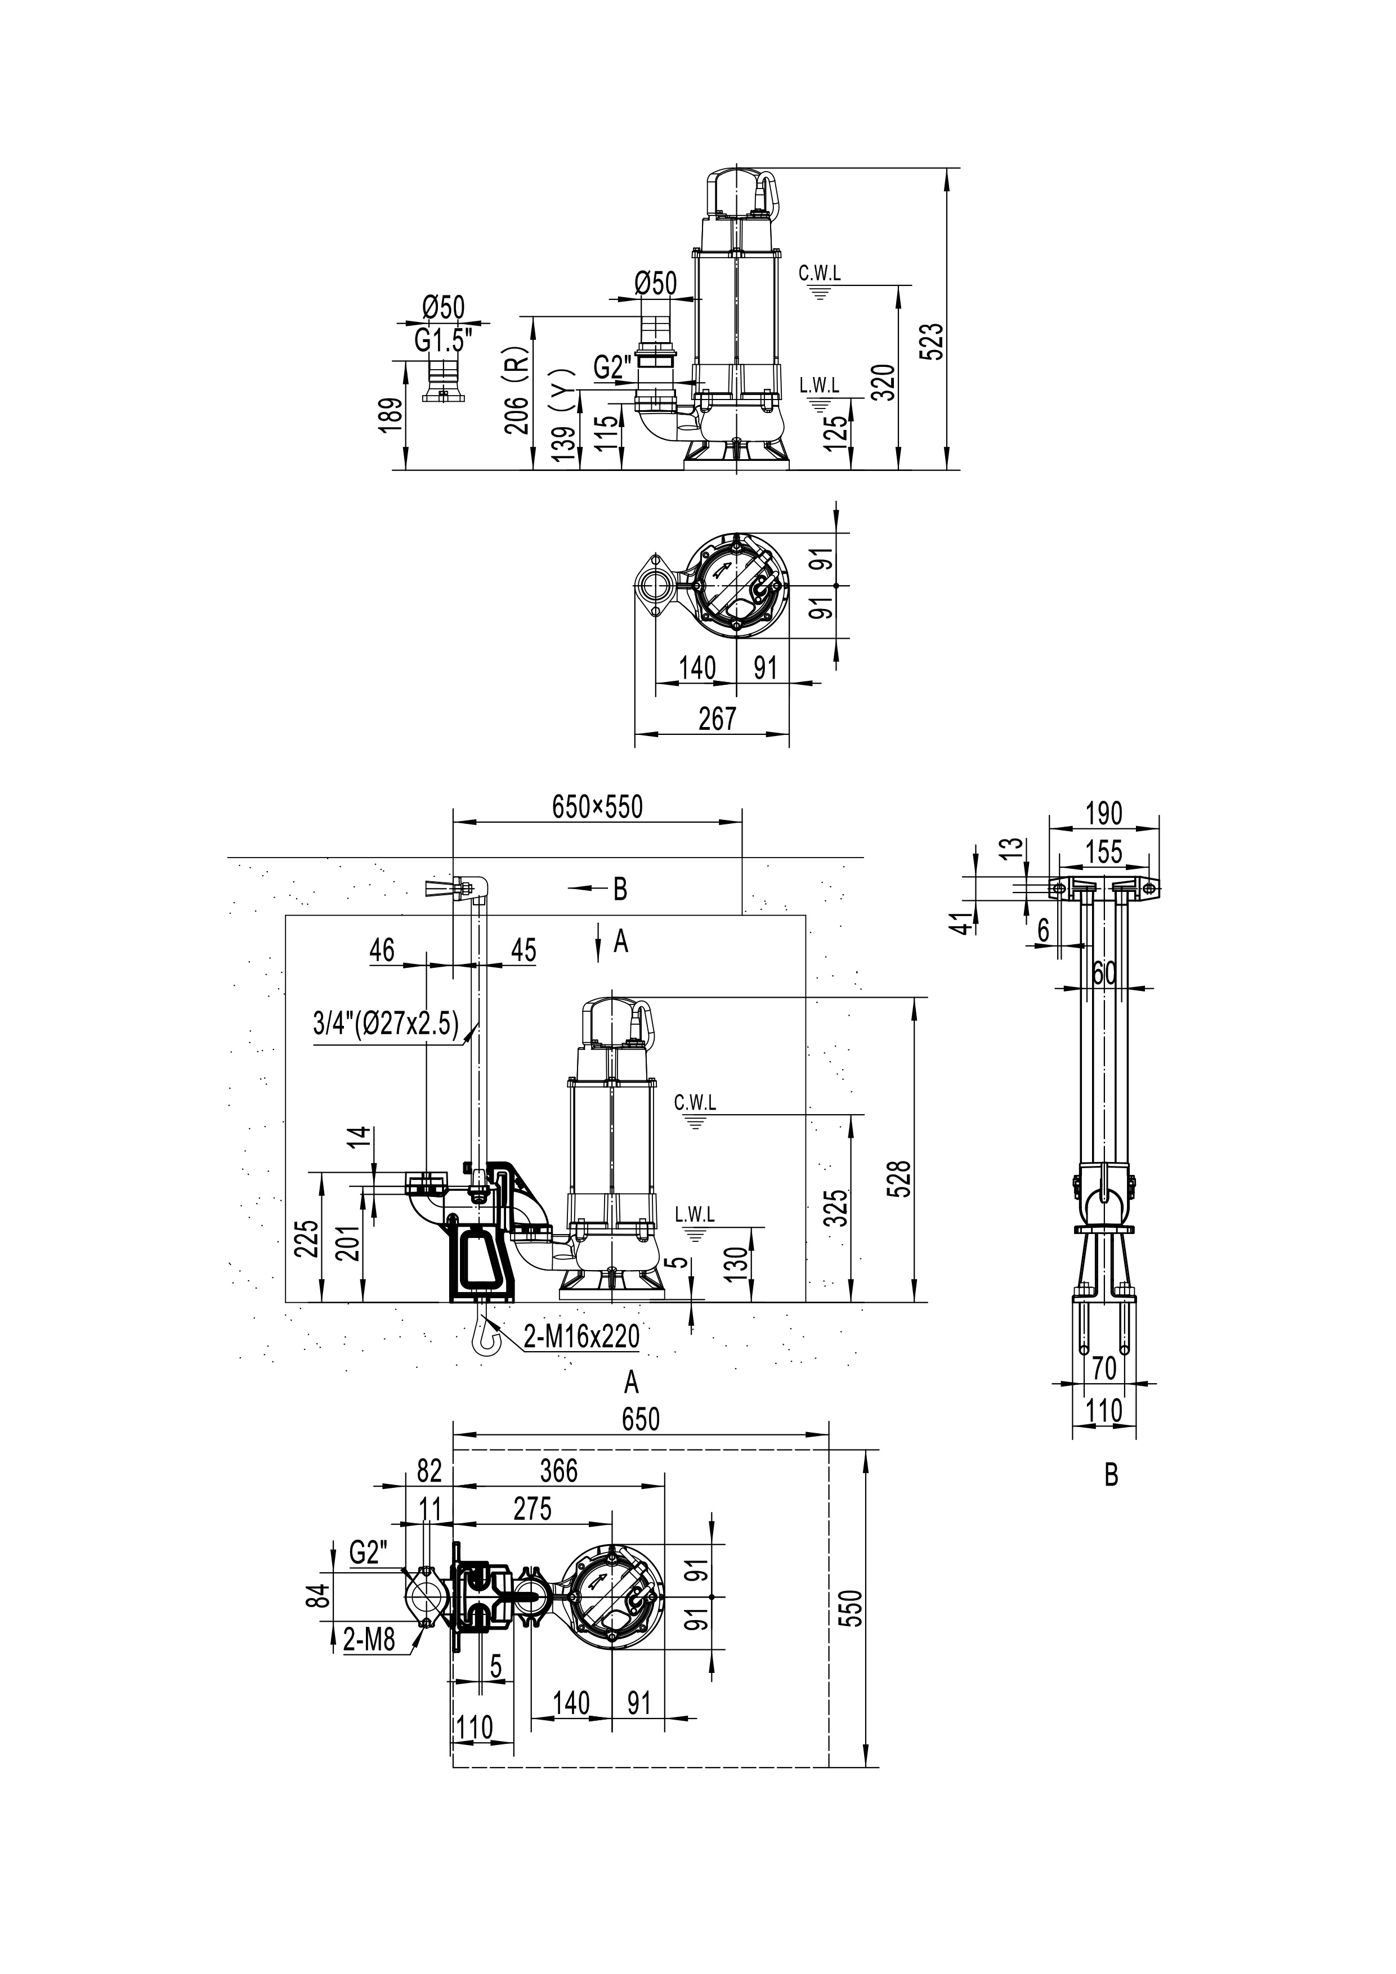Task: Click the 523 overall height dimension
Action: coord(935,342)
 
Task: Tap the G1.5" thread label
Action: coord(444,340)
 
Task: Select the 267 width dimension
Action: coord(717,718)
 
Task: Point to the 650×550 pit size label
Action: coord(597,806)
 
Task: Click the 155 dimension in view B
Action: coord(1104,851)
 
